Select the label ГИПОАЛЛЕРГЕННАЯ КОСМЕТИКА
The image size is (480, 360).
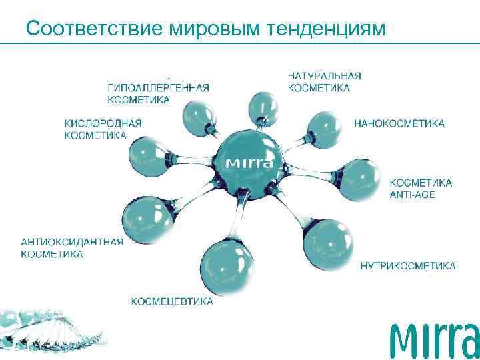pos(158,93)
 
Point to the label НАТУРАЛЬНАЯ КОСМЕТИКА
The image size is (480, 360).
pos(324,82)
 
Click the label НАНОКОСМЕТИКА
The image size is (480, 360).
pos(399,123)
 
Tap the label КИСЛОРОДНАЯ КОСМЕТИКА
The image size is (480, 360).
pos(103,129)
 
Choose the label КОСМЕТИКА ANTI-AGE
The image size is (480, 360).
pos(420,188)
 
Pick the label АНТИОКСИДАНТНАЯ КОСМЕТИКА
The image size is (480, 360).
pos(72,247)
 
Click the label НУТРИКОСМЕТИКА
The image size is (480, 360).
pos(407,266)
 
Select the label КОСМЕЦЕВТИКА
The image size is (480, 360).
pos(172,301)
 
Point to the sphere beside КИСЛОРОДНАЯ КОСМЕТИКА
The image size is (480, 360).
pos(147,157)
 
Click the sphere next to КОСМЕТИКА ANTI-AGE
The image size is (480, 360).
pos(358,179)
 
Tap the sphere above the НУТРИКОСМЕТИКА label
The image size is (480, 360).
pos(331,243)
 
